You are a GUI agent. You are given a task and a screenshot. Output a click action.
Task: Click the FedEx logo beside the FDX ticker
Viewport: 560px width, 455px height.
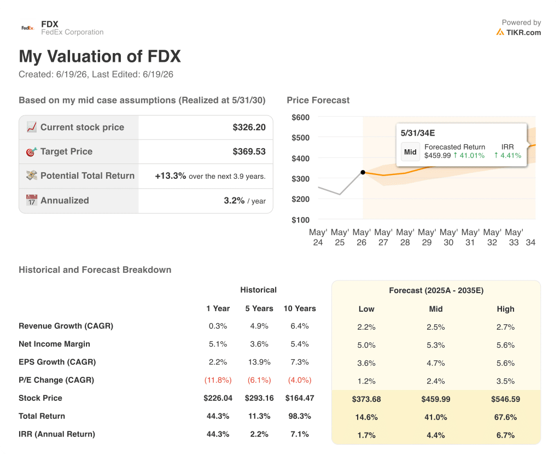[27, 28]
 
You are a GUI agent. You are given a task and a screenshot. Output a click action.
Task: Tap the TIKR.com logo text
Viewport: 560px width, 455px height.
[518, 32]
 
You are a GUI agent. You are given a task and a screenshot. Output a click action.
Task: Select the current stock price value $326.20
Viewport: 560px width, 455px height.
[249, 127]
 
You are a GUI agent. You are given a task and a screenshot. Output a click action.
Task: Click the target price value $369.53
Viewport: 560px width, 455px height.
[249, 152]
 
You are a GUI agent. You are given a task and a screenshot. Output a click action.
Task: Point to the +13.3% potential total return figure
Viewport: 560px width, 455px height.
[171, 176]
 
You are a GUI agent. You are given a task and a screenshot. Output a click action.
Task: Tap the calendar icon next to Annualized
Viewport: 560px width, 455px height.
[31, 200]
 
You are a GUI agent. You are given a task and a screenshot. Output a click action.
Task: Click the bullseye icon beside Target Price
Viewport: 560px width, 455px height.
[31, 152]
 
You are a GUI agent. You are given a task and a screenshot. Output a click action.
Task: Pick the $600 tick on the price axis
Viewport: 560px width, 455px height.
[300, 118]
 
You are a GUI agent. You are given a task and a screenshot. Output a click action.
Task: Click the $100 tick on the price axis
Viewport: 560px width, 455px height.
[300, 220]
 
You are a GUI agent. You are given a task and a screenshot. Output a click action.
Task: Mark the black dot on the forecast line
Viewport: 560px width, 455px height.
[363, 172]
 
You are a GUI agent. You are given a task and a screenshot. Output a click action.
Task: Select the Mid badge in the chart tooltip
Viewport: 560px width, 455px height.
[410, 152]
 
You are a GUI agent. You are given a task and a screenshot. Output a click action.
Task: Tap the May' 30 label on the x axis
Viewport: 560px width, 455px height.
[448, 237]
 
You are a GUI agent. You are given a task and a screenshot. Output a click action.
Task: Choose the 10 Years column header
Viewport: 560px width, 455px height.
[300, 308]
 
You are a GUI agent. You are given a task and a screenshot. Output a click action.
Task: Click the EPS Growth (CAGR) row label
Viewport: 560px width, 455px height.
[57, 362]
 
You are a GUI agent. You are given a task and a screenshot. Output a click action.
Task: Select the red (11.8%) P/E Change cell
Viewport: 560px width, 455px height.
[218, 381]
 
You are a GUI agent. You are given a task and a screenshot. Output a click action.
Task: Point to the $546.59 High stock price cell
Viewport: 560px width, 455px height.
[505, 399]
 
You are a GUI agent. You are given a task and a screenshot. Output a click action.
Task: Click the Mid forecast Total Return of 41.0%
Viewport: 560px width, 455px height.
[436, 417]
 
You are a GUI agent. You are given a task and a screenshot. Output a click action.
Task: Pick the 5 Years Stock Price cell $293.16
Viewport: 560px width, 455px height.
[259, 398]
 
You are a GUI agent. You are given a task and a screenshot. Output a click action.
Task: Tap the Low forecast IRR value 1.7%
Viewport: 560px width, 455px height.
[366, 435]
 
